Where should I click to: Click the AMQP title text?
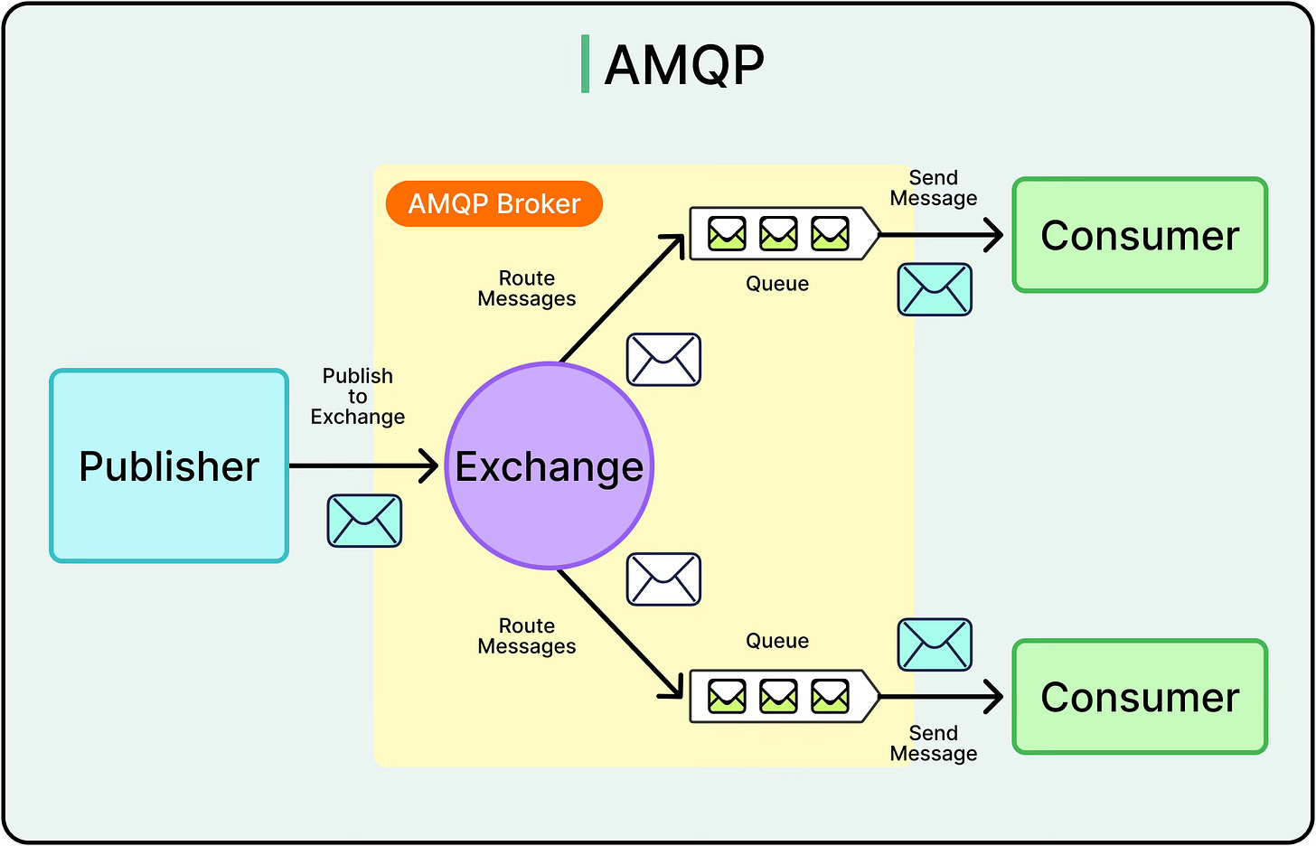point(683,65)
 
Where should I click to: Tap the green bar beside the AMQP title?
point(586,64)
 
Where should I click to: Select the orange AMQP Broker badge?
point(493,203)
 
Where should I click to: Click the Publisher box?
point(169,466)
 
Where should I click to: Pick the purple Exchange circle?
point(550,466)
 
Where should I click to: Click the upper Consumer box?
point(1140,236)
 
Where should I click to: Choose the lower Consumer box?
point(1140,697)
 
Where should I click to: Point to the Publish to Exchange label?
point(358,396)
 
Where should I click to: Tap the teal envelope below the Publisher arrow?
point(364,521)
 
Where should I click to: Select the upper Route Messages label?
point(527,288)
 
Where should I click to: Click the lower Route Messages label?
point(527,636)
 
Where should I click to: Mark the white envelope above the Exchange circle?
point(663,360)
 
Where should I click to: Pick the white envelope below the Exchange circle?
point(663,579)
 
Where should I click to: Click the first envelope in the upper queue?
point(727,234)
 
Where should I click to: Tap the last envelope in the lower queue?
point(830,696)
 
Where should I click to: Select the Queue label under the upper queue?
point(777,284)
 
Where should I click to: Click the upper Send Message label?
point(934,188)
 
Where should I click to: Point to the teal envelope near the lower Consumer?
point(935,644)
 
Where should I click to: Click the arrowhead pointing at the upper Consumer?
point(994,235)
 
